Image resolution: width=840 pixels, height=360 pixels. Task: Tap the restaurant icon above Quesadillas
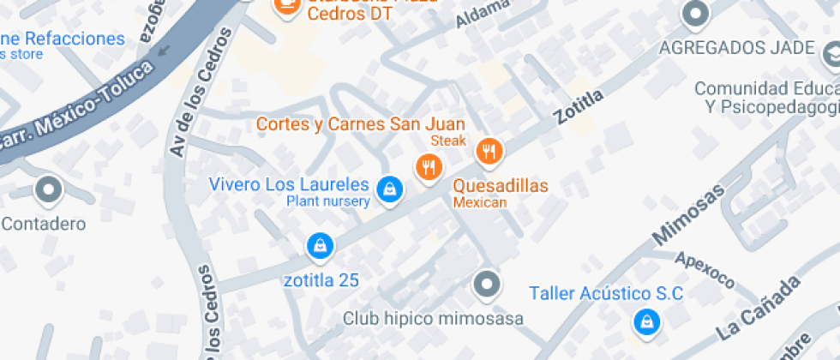[489, 152]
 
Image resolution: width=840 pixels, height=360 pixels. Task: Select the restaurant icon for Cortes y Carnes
[429, 166]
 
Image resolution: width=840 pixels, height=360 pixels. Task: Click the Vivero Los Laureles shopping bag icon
[390, 189]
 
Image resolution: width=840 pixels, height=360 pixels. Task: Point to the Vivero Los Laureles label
[290, 184]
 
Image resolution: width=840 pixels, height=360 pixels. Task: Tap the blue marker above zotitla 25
[320, 246]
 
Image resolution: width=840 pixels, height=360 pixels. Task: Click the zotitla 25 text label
[321, 280]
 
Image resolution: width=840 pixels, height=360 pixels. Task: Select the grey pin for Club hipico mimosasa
[487, 283]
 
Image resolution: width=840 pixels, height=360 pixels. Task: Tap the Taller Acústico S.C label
[606, 293]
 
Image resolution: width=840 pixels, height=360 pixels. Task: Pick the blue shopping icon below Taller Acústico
[645, 322]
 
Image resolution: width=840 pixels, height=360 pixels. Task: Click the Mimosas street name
[688, 213]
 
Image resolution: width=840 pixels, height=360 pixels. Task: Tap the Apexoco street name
[705, 268]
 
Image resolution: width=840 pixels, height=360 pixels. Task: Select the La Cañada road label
[759, 306]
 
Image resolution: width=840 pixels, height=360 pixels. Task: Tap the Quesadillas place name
[501, 185]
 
